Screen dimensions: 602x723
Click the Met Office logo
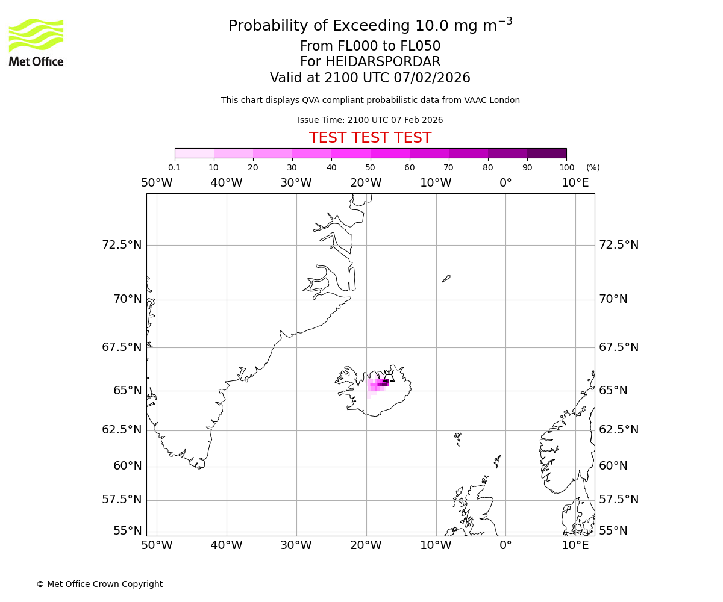(36, 42)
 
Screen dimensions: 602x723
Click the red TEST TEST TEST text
(370, 138)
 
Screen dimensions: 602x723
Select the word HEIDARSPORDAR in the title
(383, 62)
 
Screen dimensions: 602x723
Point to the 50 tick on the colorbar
(370, 167)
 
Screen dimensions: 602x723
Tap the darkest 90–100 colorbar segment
(546, 153)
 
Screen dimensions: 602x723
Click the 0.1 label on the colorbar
(174, 167)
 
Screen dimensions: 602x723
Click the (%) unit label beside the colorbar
(593, 167)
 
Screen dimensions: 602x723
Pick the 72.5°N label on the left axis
(122, 245)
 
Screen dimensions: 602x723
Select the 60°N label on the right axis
(613, 466)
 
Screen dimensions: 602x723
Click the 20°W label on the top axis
(366, 183)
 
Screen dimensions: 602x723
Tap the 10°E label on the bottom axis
(575, 545)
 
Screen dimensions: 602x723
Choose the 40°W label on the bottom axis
(226, 545)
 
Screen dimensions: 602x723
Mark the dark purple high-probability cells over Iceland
(383, 383)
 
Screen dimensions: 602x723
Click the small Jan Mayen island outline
(446, 278)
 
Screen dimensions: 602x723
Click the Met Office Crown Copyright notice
(99, 584)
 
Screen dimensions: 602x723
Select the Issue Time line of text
(370, 120)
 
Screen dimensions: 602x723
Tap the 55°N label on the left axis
(128, 531)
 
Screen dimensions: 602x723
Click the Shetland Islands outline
(498, 461)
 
